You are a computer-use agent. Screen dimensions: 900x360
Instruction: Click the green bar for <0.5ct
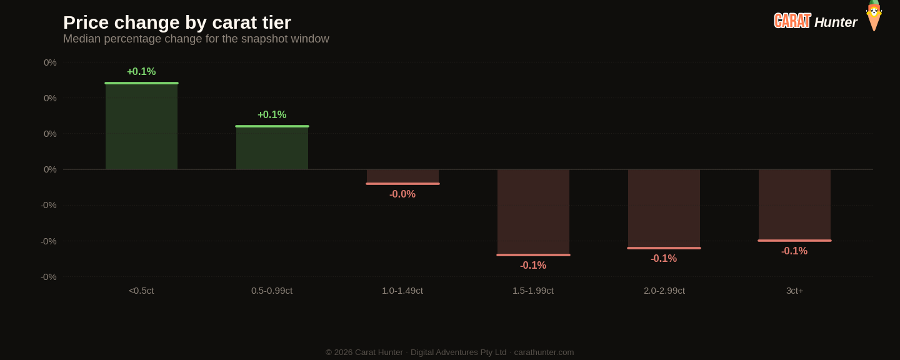(141, 126)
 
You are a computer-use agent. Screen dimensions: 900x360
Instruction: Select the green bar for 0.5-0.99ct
(272, 147)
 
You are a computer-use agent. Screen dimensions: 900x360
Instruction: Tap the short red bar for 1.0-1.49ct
(402, 177)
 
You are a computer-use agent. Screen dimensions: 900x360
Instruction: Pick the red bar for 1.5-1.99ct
(533, 212)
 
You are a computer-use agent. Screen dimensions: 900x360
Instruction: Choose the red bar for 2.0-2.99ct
(664, 209)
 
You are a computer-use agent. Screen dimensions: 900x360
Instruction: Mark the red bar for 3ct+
(794, 205)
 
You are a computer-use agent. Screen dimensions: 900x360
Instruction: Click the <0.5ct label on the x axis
(141, 291)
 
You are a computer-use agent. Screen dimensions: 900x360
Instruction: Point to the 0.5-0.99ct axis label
(272, 291)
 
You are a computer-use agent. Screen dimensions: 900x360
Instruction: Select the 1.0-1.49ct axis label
(402, 291)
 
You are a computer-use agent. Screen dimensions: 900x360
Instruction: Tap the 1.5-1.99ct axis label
(533, 291)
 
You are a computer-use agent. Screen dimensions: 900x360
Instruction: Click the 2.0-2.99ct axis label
(664, 291)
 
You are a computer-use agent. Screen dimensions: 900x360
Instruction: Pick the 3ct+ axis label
(795, 291)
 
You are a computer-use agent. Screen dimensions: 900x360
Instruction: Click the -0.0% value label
(402, 194)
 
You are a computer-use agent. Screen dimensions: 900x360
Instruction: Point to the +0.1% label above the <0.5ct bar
(141, 71)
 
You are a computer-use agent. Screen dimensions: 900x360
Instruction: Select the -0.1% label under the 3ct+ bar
(794, 251)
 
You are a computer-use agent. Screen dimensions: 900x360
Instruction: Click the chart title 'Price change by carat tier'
(177, 22)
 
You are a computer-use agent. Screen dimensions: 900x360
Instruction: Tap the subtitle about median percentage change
(196, 39)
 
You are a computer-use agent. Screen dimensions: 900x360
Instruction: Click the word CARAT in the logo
(792, 21)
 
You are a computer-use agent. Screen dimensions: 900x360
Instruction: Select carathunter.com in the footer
(544, 352)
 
